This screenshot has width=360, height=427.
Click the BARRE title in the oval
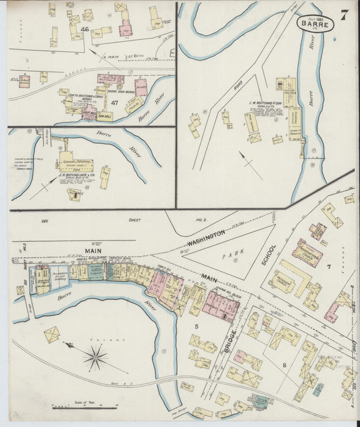click(x=315, y=23)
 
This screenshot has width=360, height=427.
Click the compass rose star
click(x=96, y=355)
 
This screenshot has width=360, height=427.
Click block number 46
click(x=84, y=29)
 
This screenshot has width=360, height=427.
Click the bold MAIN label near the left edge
click(x=94, y=250)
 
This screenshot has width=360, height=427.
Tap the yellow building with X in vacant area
click(x=51, y=334)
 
